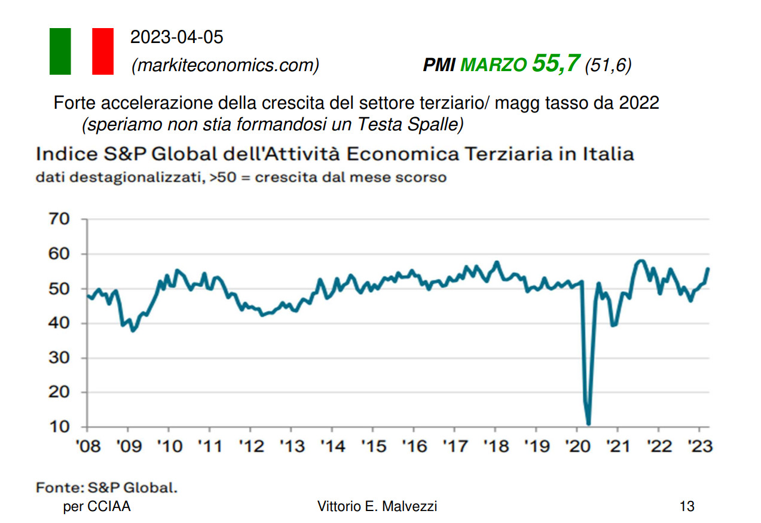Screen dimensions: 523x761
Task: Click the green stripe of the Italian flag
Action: (x=60, y=51)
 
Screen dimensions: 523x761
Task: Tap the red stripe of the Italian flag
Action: (x=103, y=51)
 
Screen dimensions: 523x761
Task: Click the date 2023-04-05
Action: (x=176, y=38)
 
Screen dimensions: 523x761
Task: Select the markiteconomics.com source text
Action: (x=225, y=65)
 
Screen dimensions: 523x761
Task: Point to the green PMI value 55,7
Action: (x=556, y=63)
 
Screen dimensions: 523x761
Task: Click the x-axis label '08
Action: (x=87, y=446)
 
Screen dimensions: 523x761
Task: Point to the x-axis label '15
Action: (x=372, y=446)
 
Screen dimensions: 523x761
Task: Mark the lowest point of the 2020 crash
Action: (x=589, y=424)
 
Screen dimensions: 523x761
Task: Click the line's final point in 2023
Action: (x=708, y=269)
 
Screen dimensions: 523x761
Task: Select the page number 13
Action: (x=687, y=507)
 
